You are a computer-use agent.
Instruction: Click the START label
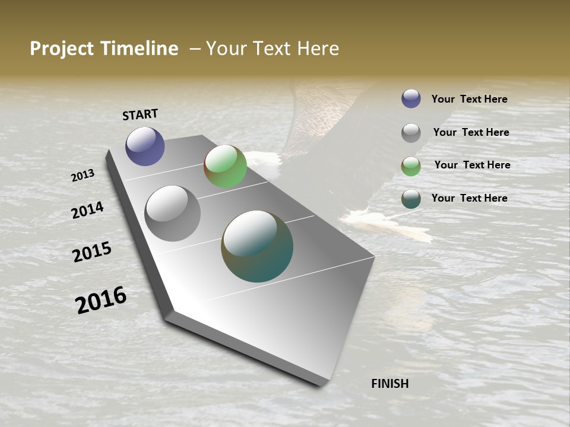[140, 114]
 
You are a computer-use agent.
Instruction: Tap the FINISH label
[389, 384]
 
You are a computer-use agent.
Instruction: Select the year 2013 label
[83, 176]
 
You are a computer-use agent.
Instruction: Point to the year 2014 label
[87, 210]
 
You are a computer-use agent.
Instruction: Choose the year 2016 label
[101, 300]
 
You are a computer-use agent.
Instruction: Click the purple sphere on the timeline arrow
[145, 146]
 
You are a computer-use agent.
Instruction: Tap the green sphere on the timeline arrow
[225, 166]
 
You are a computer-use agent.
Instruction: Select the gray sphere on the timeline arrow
[172, 213]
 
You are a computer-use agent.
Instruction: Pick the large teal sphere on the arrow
[257, 246]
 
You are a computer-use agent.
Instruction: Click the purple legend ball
[411, 98]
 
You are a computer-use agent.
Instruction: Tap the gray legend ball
[411, 132]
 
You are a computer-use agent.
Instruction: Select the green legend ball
[411, 166]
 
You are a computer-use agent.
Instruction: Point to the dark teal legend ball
[411, 199]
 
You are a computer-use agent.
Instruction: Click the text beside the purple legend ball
[469, 99]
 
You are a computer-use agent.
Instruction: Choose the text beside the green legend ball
[472, 165]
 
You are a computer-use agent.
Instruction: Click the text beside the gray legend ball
[471, 132]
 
